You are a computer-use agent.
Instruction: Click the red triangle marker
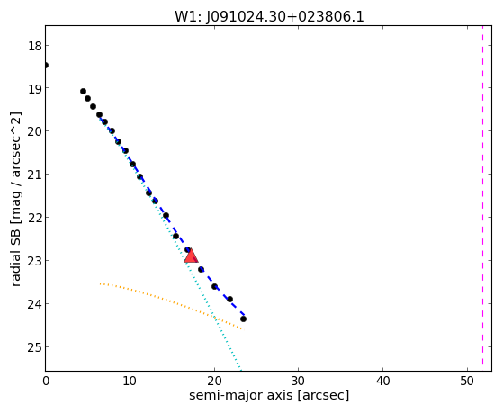point(191,256)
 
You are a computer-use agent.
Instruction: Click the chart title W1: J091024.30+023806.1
point(269,17)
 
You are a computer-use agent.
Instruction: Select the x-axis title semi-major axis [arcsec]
point(269,395)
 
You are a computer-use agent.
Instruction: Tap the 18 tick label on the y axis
point(35,46)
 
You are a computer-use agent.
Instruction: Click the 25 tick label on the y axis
point(35,347)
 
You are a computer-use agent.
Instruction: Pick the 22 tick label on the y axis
point(35,218)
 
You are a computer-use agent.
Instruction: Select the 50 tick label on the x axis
point(467,382)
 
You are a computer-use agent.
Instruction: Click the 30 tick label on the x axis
point(299,382)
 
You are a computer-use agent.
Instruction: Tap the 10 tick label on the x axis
point(130,382)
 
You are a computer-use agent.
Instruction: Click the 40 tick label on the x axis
point(382,382)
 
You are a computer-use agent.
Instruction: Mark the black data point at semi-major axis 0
point(46,66)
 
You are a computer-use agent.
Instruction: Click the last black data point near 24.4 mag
point(243,319)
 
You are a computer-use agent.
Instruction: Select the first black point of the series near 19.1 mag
point(83,92)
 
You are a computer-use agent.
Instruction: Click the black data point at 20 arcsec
point(215,286)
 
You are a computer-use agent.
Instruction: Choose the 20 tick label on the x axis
point(214,382)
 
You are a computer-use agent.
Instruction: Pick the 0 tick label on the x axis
point(46,382)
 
